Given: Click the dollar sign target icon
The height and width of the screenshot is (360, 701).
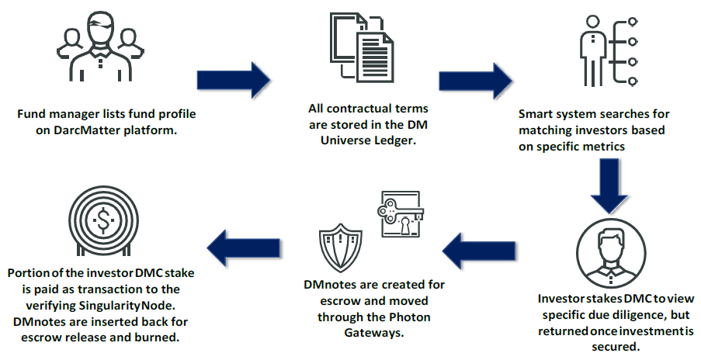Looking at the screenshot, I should tap(104, 222).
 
